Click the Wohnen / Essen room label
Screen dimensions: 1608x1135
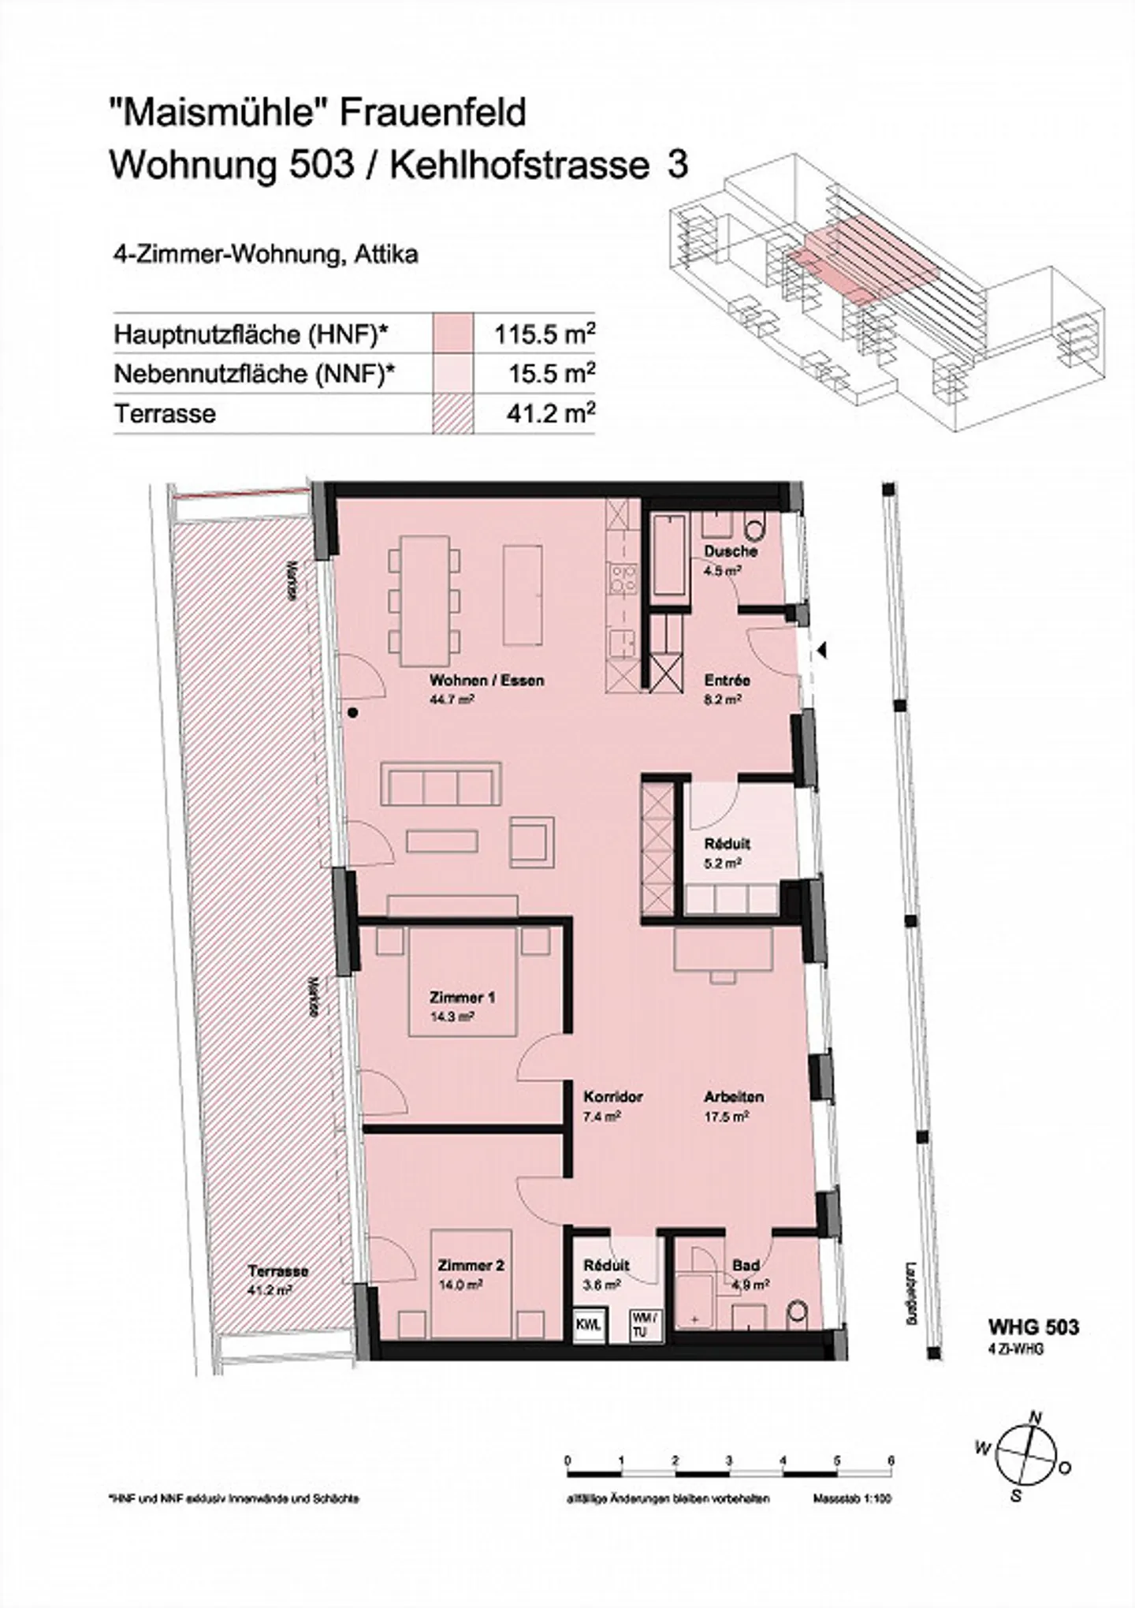486,680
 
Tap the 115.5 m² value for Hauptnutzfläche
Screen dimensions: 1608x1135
544,334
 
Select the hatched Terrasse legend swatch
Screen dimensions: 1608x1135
453,413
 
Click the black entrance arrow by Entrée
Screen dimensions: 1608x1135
821,651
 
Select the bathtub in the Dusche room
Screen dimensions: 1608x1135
669,555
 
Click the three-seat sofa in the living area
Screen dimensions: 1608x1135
441,782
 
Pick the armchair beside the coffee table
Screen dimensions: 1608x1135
532,841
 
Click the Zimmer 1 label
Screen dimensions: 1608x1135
462,998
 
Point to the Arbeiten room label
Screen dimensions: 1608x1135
733,1097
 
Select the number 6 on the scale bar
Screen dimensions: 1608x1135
891,1437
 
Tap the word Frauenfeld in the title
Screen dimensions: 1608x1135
433,113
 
